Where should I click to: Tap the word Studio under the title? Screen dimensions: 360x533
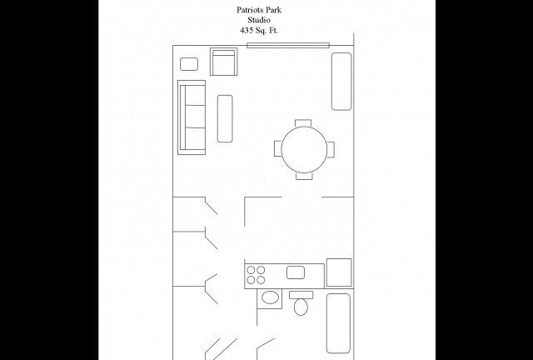point(266,20)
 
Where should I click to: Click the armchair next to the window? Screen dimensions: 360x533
point(224,62)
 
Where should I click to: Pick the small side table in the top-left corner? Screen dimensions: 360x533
point(189,63)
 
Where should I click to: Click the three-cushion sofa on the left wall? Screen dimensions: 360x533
point(192,117)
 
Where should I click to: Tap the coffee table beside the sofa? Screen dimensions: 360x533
point(225,117)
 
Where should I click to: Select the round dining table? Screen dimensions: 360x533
point(305,149)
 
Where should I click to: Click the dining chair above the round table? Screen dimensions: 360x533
point(305,123)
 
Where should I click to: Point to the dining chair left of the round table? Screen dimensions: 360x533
point(277,149)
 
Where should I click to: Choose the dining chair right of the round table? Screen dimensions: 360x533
point(331,149)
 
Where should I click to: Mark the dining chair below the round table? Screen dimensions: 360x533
point(305,175)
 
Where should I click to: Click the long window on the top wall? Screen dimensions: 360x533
point(287,46)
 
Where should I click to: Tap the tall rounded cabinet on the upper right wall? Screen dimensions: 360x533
point(341,81)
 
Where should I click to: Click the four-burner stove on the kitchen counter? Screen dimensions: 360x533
point(256,274)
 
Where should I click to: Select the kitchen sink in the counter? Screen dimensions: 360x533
point(295,272)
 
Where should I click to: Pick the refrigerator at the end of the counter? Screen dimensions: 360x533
point(339,272)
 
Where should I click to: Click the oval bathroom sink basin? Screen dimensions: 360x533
point(270,297)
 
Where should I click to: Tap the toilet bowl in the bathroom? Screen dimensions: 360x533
point(301,307)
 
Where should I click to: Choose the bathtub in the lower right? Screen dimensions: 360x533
point(338,323)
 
